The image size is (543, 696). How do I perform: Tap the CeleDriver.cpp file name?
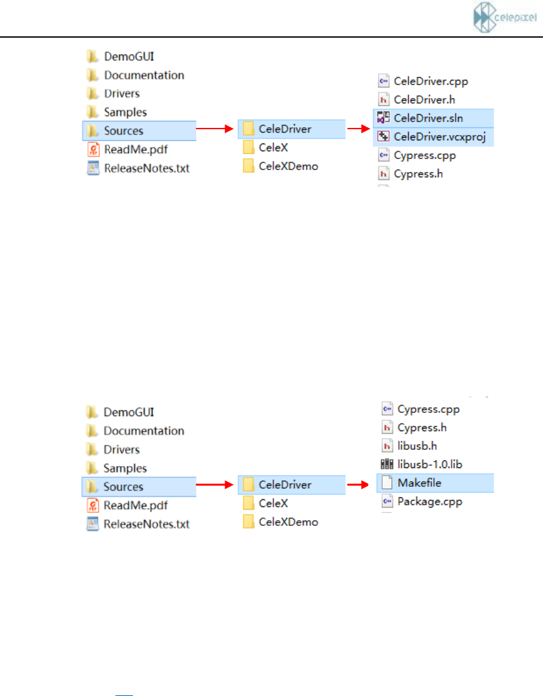(x=430, y=81)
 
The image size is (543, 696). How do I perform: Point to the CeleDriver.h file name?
(x=424, y=99)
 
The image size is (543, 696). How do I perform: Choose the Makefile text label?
(x=420, y=483)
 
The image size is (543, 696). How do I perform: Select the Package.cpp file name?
(x=429, y=501)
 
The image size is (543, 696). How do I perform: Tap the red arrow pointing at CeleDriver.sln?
(x=357, y=129)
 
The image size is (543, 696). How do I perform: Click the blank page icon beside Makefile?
(x=387, y=483)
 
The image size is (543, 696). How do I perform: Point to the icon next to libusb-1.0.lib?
(x=387, y=464)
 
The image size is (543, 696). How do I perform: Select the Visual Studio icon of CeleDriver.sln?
(x=383, y=118)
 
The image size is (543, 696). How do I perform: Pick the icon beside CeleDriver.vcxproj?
(x=383, y=136)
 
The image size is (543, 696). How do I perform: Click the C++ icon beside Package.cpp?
(x=387, y=501)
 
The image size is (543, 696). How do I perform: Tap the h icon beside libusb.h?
(x=387, y=446)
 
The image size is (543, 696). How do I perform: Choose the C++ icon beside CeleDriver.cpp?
(x=383, y=81)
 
